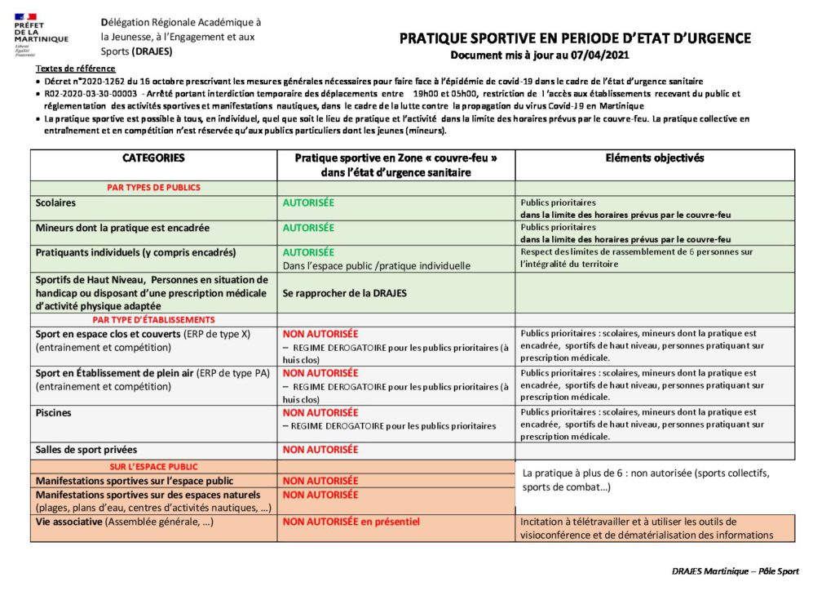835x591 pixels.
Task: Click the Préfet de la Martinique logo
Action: coord(41,33)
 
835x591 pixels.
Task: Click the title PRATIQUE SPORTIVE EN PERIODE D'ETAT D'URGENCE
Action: coord(575,38)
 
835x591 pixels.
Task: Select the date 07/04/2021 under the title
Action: coord(602,55)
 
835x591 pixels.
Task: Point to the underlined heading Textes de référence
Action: coord(75,69)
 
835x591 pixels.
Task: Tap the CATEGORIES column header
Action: coord(153,158)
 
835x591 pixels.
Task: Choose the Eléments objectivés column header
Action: coord(655,158)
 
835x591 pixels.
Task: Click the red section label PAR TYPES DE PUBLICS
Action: coord(153,187)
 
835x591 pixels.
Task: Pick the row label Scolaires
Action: coord(56,202)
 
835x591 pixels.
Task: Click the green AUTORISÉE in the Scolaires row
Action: coord(308,202)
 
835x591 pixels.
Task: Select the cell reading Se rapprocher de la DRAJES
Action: coord(344,293)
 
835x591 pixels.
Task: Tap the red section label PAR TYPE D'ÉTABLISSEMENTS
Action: coord(153,319)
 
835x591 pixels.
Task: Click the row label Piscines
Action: coord(53,413)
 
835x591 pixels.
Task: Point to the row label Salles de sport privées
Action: coord(86,450)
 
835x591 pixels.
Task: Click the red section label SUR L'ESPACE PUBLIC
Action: coord(153,467)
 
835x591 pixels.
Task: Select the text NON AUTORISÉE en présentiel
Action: coord(351,522)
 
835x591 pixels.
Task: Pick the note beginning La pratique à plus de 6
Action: coord(645,480)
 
